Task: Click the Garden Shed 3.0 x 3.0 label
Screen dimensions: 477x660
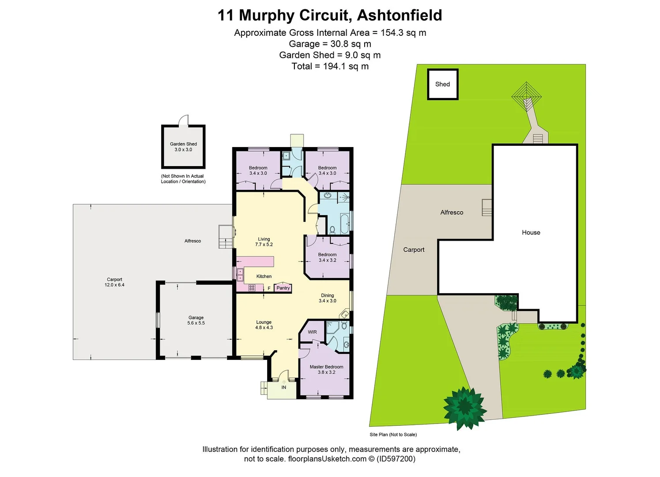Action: coord(183,147)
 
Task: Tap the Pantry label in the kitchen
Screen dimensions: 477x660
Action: coord(283,288)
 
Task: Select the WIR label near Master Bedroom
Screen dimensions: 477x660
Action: coord(312,332)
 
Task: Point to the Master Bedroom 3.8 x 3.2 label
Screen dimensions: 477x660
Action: coord(326,370)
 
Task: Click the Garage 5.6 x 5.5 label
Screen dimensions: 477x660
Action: coord(196,320)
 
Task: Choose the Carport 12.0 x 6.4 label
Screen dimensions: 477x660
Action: coord(114,282)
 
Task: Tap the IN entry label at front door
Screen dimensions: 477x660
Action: coord(284,387)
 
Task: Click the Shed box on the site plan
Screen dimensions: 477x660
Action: coord(442,84)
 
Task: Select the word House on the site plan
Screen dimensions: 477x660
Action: coord(531,233)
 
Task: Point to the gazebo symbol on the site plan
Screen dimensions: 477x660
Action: coord(526,93)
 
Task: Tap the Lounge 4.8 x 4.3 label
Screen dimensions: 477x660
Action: coord(264,325)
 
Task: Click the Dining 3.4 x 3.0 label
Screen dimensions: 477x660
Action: coord(327,298)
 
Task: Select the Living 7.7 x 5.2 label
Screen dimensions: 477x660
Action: coord(264,242)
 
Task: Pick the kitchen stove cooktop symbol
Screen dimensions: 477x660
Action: coord(252,288)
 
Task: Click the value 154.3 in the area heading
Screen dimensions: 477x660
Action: coord(394,33)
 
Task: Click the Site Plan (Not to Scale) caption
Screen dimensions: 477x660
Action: coord(393,435)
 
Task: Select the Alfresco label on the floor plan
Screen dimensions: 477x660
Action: coord(192,241)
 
